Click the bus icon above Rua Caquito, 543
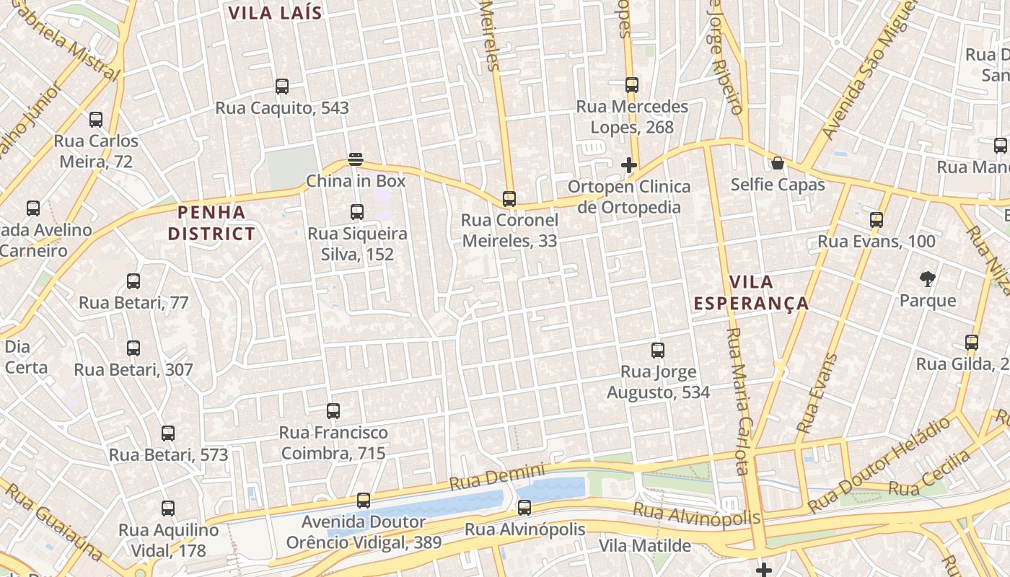[x=282, y=87]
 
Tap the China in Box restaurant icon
[x=355, y=159]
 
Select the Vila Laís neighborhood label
[x=275, y=13]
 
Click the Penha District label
[x=211, y=223]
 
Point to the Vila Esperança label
[x=751, y=292]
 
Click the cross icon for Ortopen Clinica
[x=629, y=165]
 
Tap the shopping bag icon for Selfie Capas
[x=778, y=163]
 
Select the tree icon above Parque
[x=928, y=279]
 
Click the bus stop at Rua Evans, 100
[x=877, y=220]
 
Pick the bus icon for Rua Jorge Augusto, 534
[x=658, y=351]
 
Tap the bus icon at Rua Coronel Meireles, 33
[x=509, y=199]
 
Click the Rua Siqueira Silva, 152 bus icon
[x=357, y=212]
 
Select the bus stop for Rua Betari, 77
[x=133, y=281]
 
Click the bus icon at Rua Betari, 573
[x=168, y=433]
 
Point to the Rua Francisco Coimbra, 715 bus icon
[x=333, y=411]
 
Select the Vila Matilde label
[x=644, y=546]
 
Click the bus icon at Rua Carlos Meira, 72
[x=96, y=120]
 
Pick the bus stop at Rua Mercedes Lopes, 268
[x=632, y=85]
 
